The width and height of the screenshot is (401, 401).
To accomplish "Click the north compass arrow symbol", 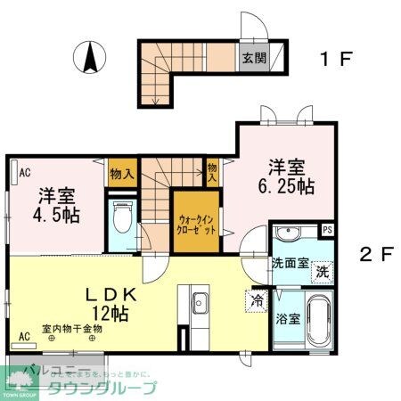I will click(90, 58).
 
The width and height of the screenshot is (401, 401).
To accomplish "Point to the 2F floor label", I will click(375, 253).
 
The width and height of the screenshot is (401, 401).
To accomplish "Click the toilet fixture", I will click(122, 217).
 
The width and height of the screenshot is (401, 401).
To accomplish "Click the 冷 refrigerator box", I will click(257, 300).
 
